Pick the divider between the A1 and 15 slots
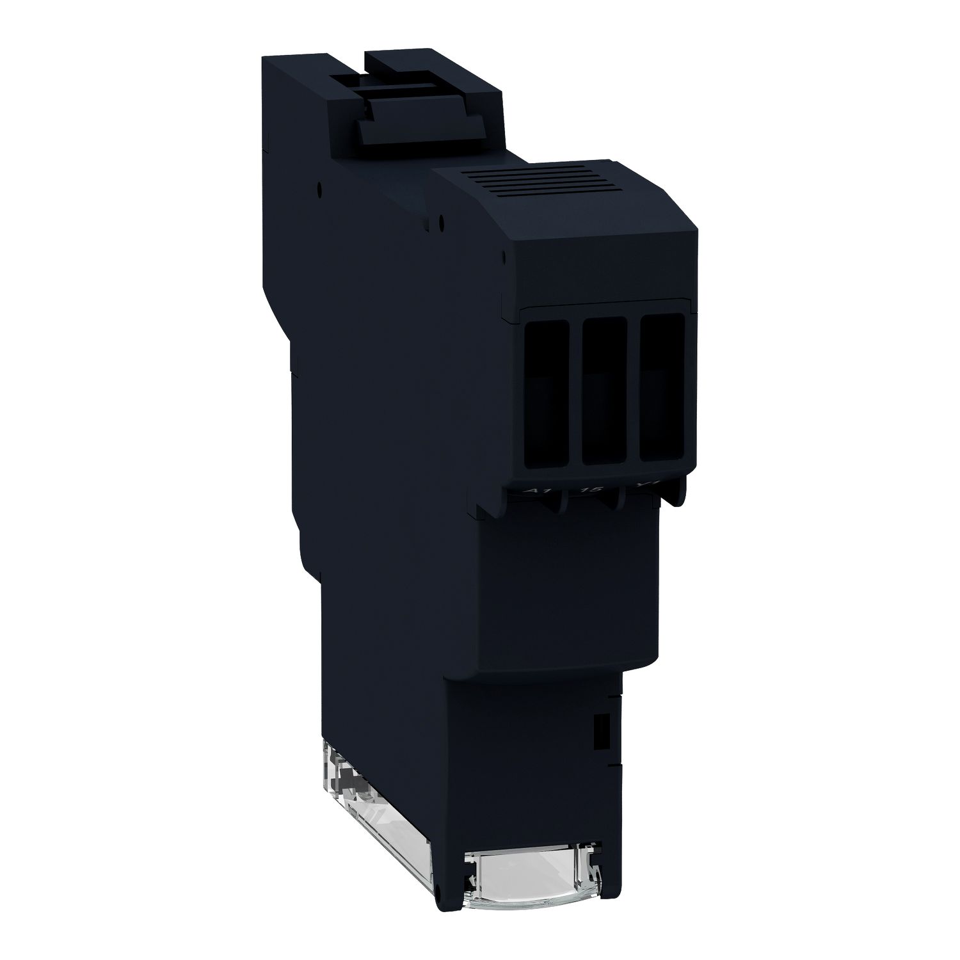tap(576, 394)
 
